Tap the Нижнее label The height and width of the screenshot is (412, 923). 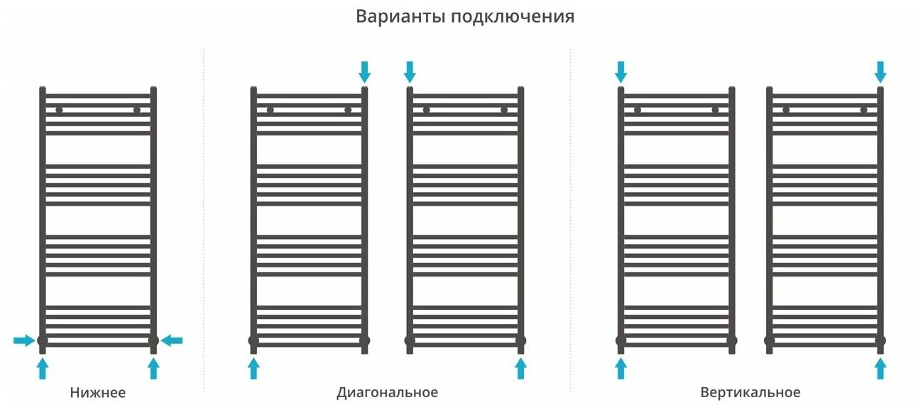tap(98, 392)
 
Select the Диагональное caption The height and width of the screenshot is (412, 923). tap(387, 392)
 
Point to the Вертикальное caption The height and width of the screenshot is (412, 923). tap(750, 392)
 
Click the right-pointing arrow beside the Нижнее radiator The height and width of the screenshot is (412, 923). tap(24, 341)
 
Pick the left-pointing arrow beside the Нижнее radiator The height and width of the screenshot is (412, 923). tap(172, 341)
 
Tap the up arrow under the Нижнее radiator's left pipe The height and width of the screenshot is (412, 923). tap(43, 368)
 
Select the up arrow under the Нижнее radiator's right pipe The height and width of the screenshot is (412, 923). tap(153, 368)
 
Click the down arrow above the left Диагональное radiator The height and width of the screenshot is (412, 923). tap(365, 71)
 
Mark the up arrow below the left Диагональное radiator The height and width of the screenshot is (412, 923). tap(253, 368)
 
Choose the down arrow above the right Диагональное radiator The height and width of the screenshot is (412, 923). tap(410, 71)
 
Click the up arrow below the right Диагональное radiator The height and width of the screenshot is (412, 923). tap(520, 368)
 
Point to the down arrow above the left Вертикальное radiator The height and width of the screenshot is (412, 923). tap(621, 71)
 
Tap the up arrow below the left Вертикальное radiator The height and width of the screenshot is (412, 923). tap(621, 368)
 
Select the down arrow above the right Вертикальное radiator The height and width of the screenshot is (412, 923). tap(880, 71)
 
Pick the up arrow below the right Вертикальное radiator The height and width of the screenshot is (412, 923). tap(880, 368)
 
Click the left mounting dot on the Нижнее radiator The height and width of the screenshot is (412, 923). tap(59, 110)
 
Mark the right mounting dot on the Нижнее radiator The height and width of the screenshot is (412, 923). tap(137, 110)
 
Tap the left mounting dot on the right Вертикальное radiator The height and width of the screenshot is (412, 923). tap(786, 110)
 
